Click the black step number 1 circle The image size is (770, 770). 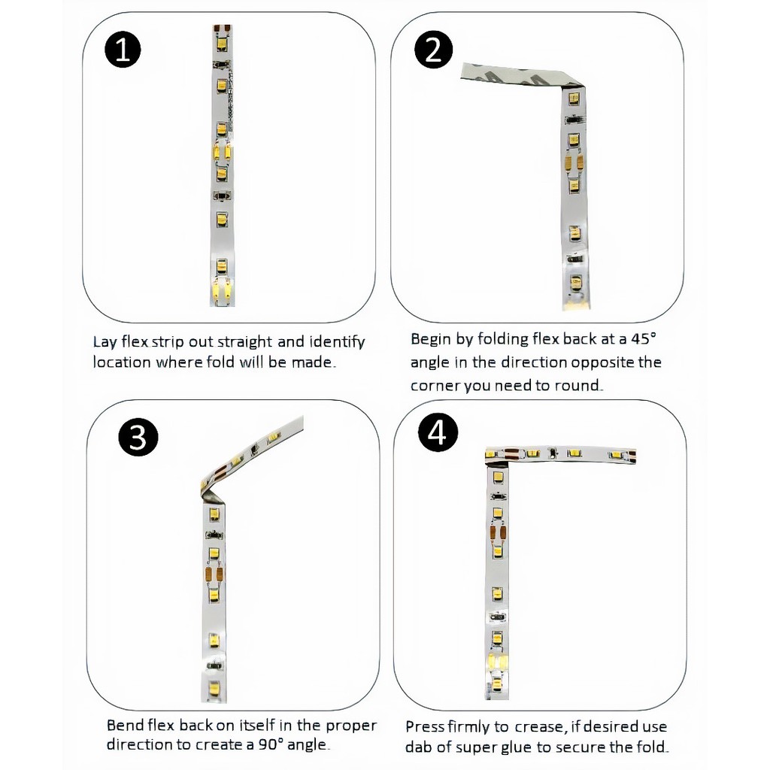[x=123, y=50]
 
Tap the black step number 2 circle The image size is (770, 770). [x=433, y=50]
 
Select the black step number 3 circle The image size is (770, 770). [x=138, y=437]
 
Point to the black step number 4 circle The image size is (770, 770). [x=438, y=432]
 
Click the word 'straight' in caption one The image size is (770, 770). [x=244, y=341]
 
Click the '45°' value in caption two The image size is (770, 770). [x=644, y=339]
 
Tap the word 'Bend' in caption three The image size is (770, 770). [x=125, y=726]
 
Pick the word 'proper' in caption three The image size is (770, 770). [x=352, y=726]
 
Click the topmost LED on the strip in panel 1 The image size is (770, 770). [x=222, y=43]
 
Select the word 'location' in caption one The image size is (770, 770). [x=122, y=362]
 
